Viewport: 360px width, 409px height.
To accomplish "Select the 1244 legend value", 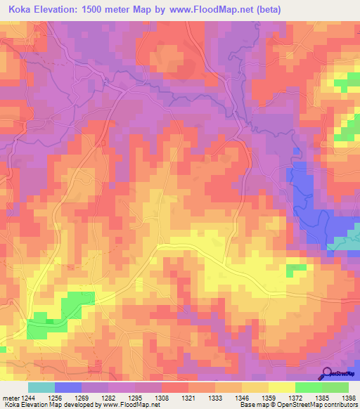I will tap(28, 397).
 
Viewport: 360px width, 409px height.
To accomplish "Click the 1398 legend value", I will tap(349, 397).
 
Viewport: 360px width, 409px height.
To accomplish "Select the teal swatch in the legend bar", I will tap(41, 387).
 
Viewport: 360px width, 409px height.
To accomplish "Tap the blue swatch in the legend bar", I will tap(68, 387).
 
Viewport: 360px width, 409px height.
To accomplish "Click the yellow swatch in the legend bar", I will tap(281, 387).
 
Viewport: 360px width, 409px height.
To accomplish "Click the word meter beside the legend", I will tap(9, 397).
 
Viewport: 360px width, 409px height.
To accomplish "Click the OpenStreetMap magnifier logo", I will tap(327, 374).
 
